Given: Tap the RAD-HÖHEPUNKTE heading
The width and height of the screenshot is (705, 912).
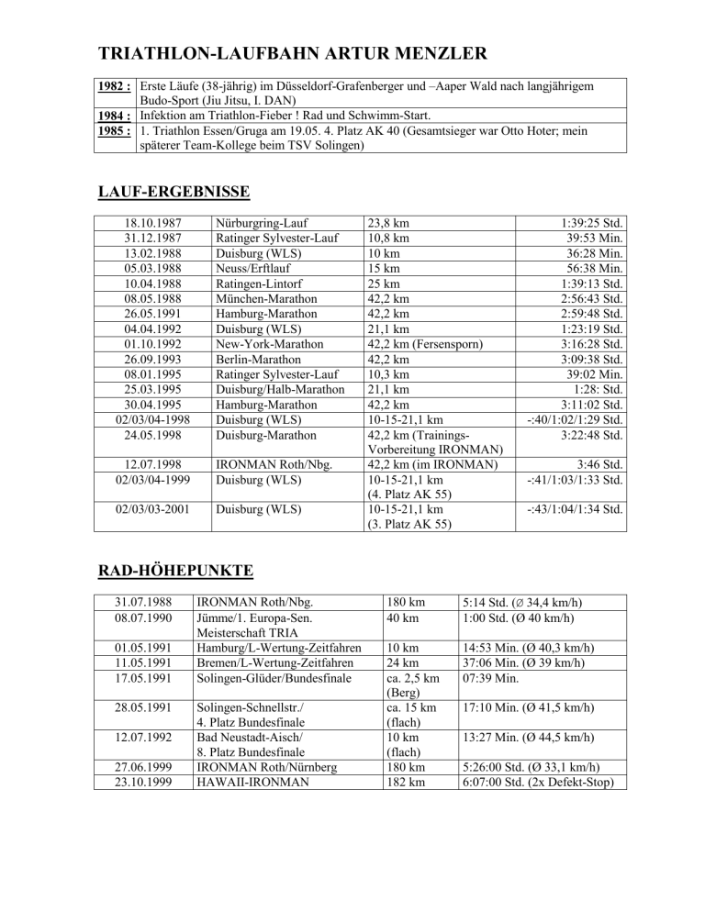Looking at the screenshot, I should (176, 570).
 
